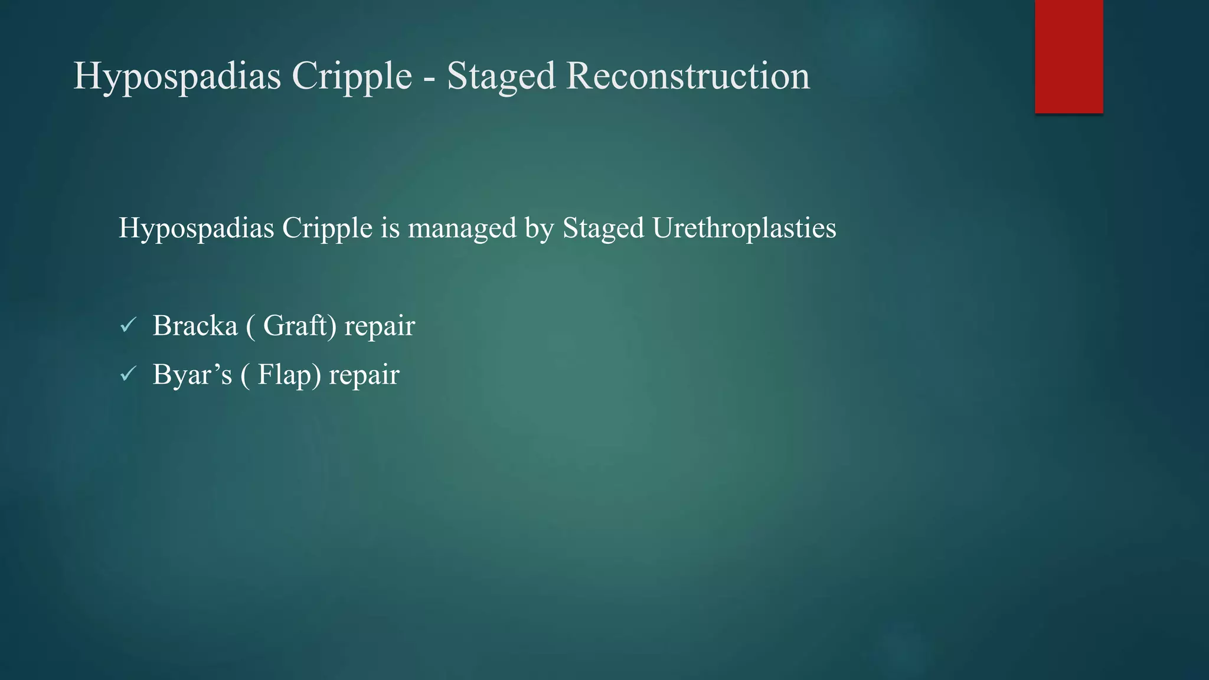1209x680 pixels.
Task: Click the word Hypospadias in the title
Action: click(177, 76)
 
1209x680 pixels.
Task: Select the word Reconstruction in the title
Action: click(688, 76)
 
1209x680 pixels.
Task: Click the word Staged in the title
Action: click(501, 76)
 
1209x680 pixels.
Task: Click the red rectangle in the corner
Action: click(1069, 56)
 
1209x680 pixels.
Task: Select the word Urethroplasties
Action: click(744, 228)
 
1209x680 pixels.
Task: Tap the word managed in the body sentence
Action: click(462, 228)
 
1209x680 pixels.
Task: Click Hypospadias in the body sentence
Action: click(196, 228)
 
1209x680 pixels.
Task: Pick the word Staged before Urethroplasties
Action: click(603, 228)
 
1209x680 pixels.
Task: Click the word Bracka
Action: click(195, 326)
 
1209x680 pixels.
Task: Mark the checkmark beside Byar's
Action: click(128, 374)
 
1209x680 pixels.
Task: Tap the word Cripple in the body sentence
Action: click(327, 228)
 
